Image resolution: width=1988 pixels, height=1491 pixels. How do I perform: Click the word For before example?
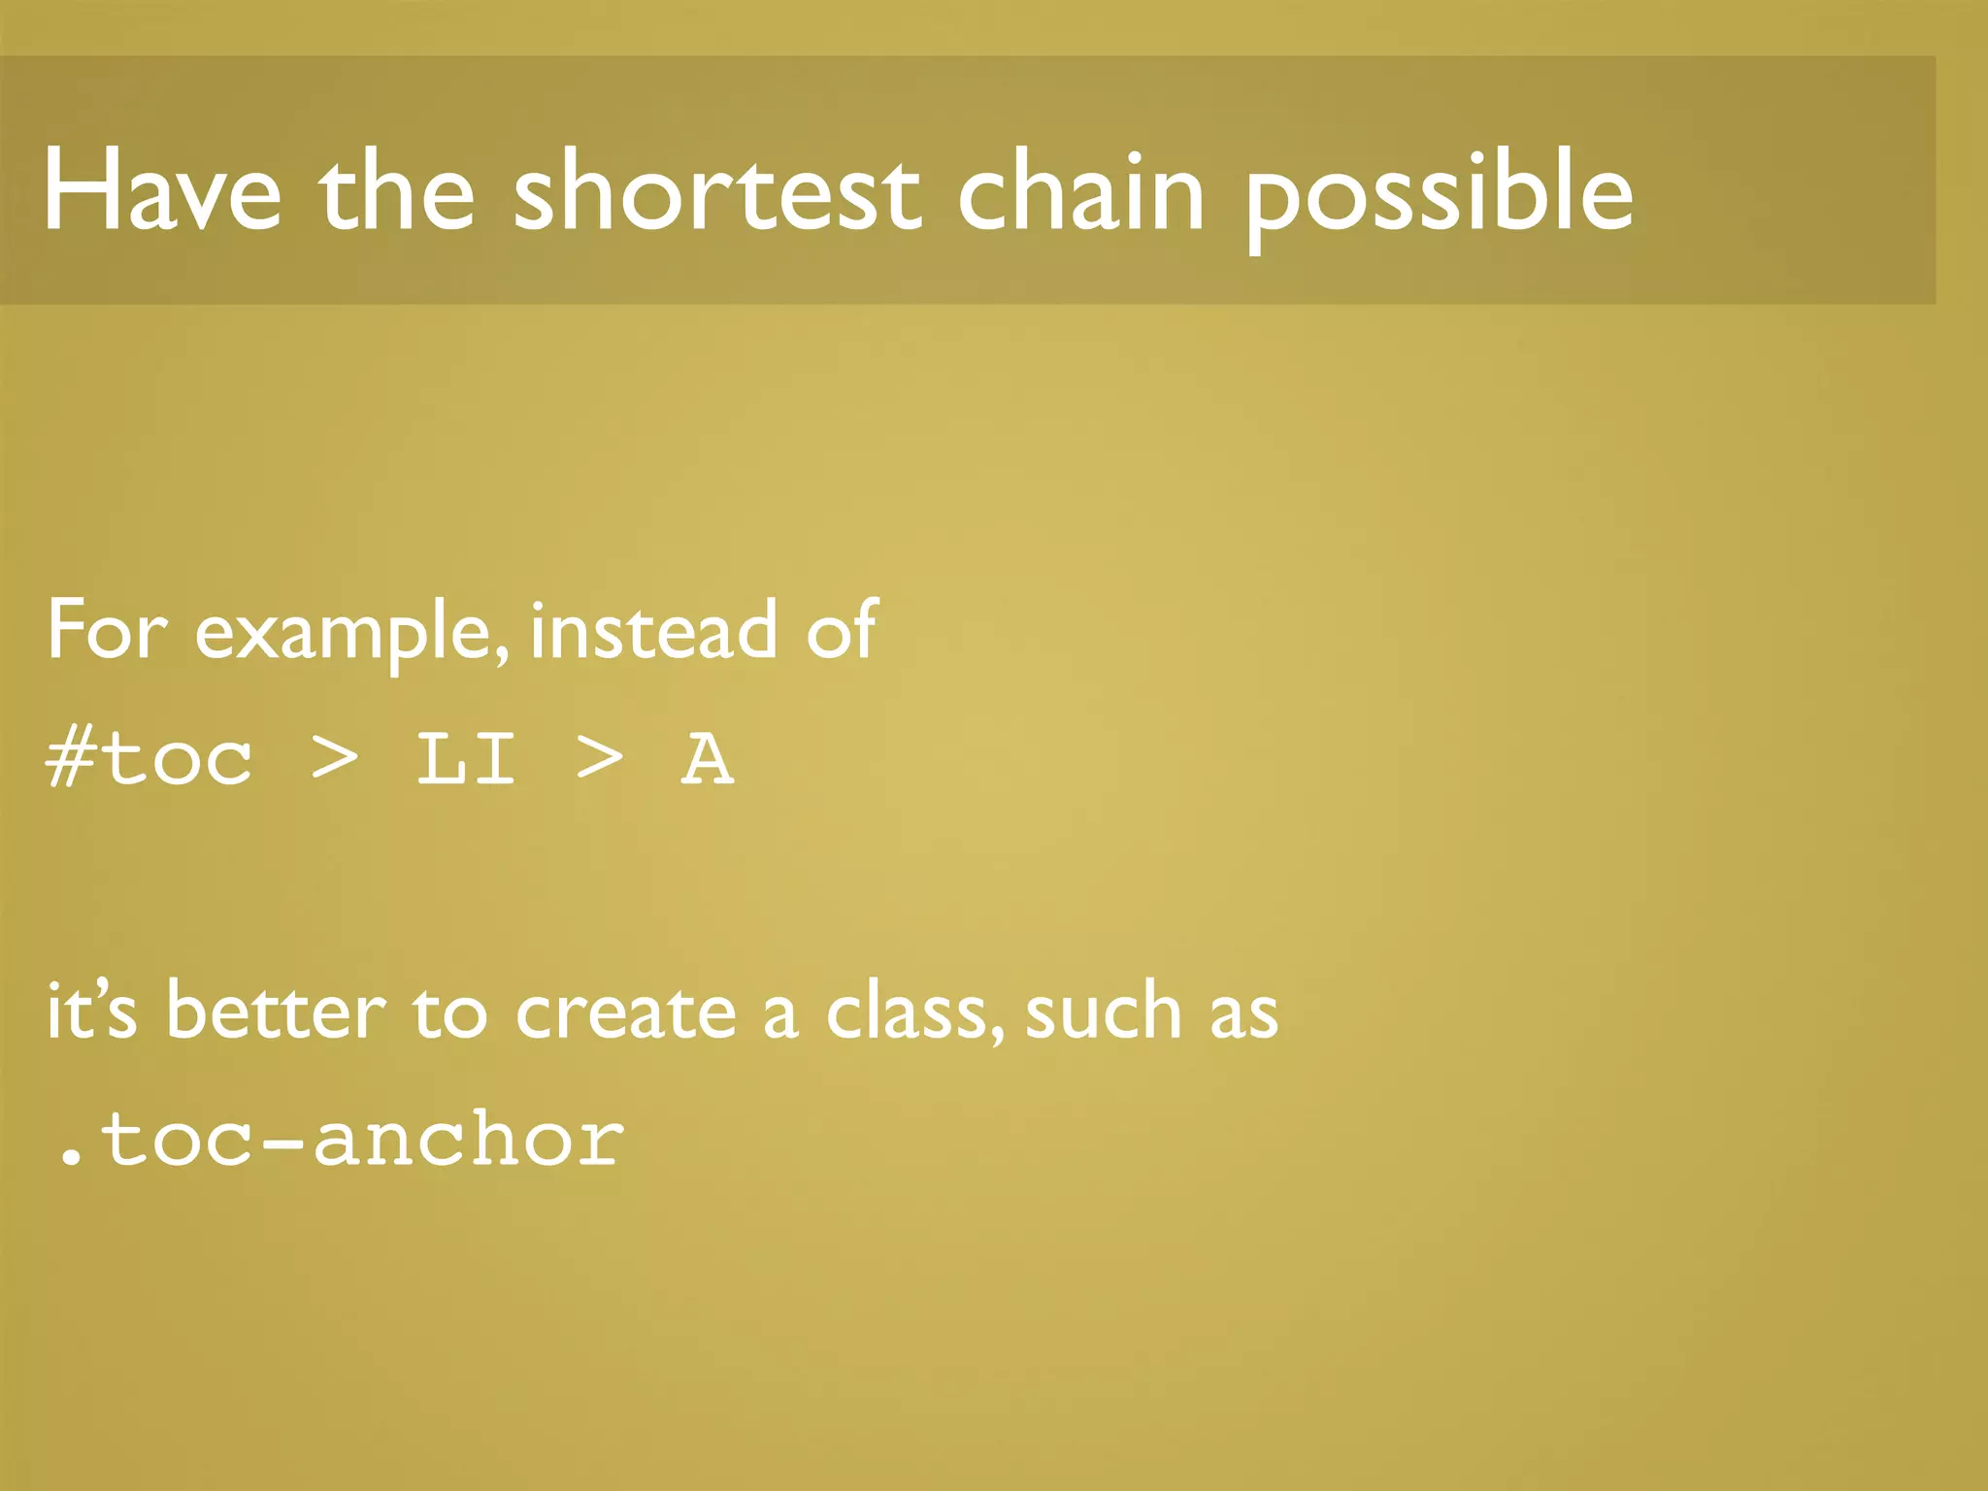[107, 631]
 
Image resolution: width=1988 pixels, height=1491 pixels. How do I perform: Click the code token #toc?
[149, 759]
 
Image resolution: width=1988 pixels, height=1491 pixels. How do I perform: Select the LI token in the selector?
[466, 759]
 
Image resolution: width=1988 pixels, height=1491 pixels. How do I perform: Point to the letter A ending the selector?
[707, 759]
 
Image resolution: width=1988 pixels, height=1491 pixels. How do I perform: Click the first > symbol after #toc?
[335, 759]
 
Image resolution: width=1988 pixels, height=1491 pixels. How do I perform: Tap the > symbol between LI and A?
[599, 759]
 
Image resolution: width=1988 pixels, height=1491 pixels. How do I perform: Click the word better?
[276, 1011]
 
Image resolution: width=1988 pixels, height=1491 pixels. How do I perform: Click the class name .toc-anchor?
[339, 1140]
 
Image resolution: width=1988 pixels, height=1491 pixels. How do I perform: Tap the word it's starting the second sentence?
[91, 1011]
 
